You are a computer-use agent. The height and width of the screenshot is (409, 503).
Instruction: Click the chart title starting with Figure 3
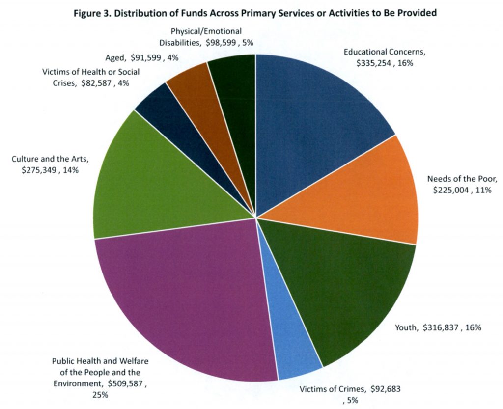coord(255,13)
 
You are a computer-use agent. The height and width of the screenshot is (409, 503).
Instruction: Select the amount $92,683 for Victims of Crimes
coord(385,389)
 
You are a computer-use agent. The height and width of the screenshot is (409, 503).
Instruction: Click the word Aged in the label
coord(115,57)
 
